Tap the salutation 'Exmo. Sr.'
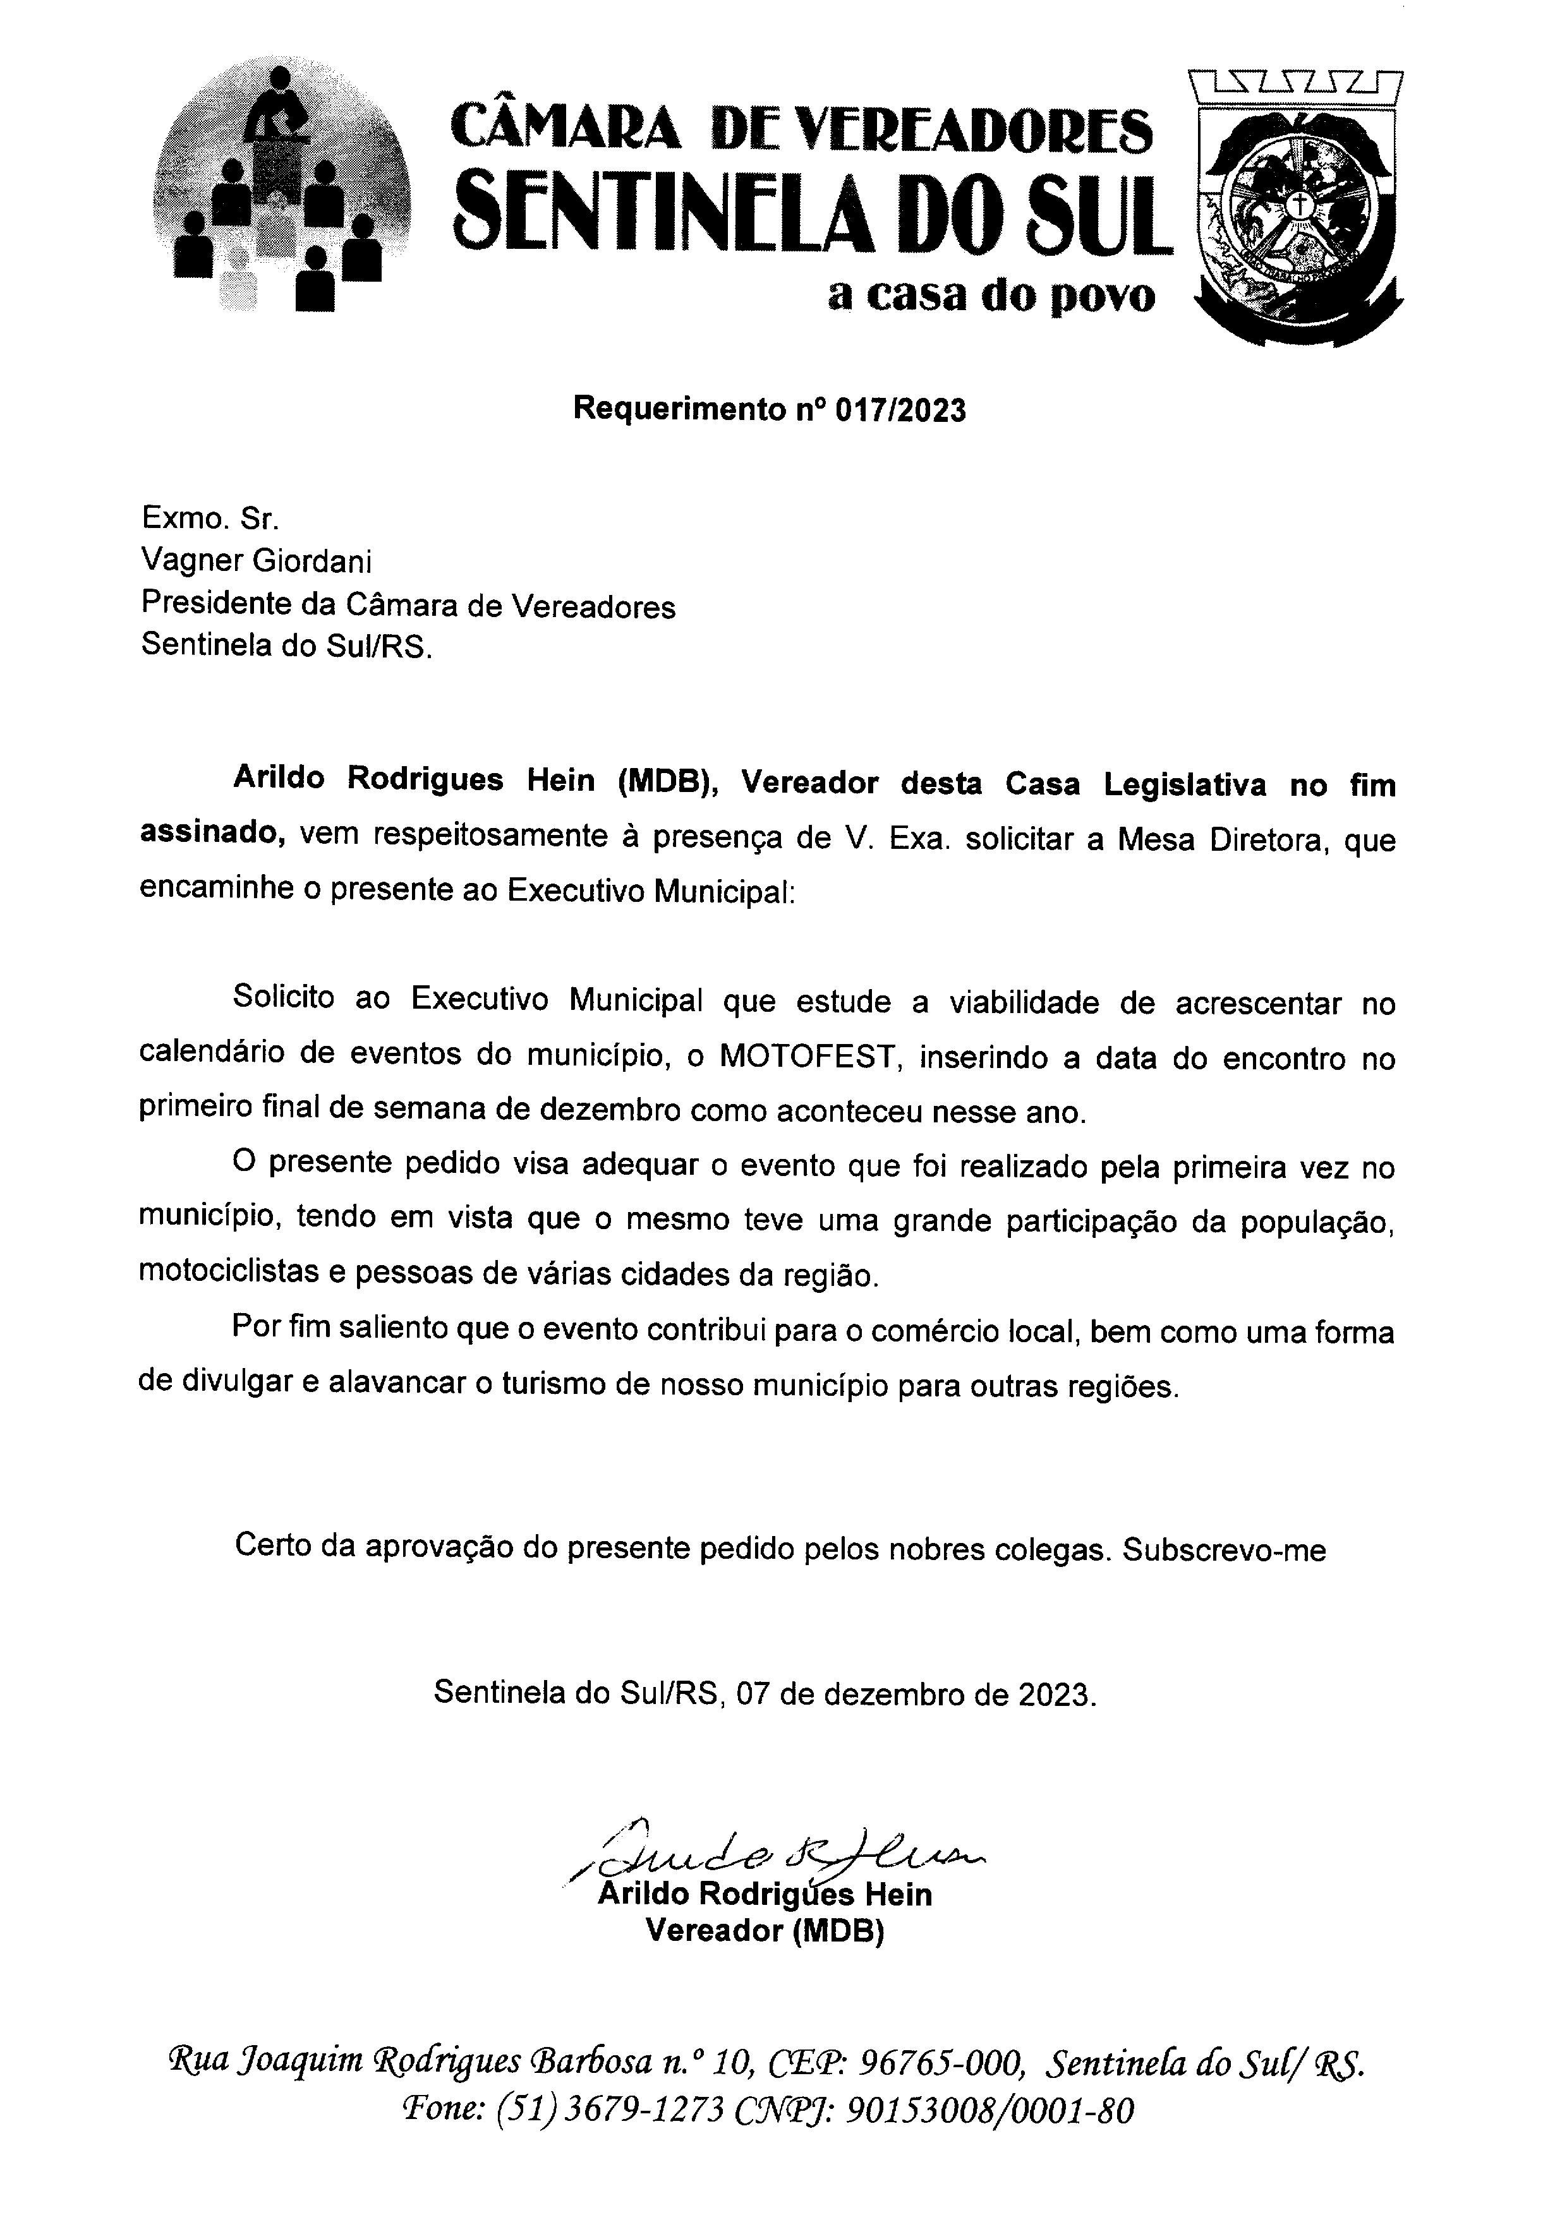pos(210,519)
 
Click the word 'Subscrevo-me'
pos(1225,1551)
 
